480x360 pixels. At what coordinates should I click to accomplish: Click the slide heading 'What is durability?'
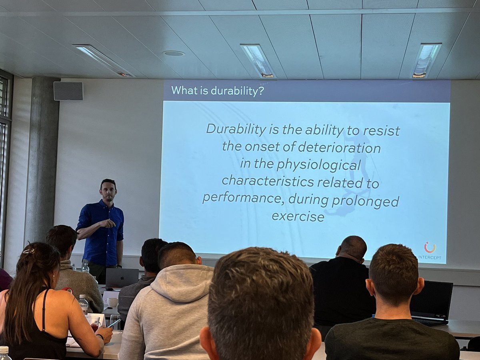(x=218, y=90)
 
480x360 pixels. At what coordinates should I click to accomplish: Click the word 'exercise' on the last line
(x=298, y=216)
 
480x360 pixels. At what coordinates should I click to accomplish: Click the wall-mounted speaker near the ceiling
(x=68, y=91)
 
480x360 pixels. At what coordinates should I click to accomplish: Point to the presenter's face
(x=108, y=192)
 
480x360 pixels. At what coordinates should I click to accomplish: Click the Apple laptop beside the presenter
(x=122, y=278)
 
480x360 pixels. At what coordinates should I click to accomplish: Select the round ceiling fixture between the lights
(x=174, y=53)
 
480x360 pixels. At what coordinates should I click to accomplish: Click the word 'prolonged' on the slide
(x=366, y=200)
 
